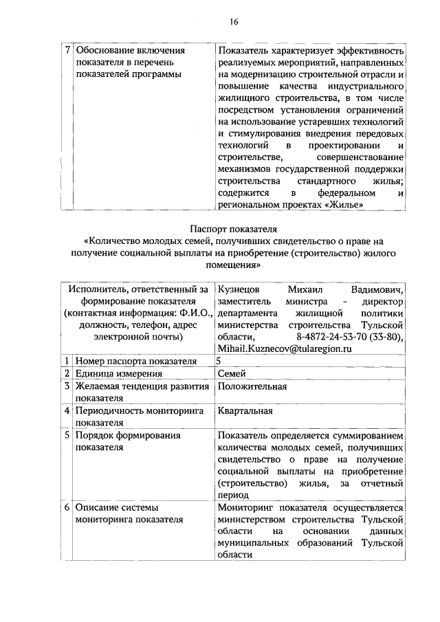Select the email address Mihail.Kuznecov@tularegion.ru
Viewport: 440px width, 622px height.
[x=284, y=349]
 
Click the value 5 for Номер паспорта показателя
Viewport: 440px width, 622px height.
[x=219, y=361]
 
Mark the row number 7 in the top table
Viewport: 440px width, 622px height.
[x=67, y=50]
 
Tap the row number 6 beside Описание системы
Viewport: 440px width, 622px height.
[x=67, y=507]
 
